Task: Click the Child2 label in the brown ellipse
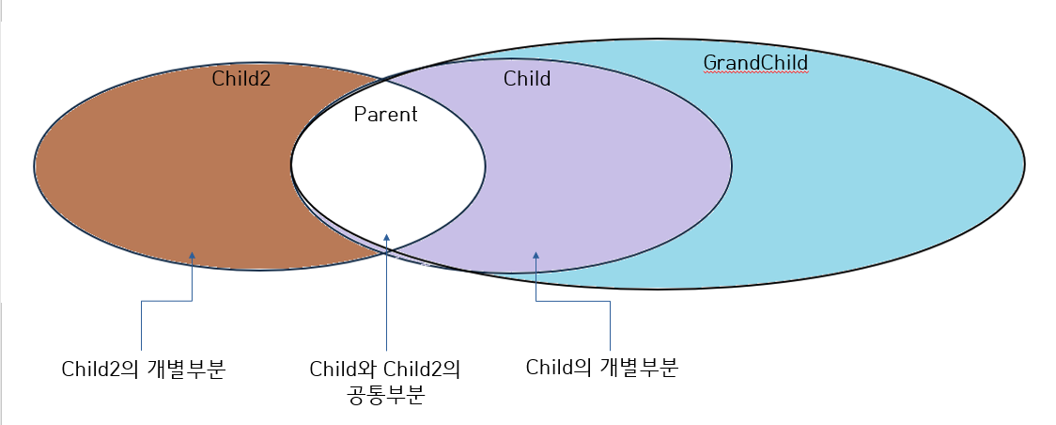click(241, 78)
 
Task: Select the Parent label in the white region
click(385, 115)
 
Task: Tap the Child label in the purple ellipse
click(527, 79)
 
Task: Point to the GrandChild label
click(755, 63)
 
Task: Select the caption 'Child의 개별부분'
click(601, 368)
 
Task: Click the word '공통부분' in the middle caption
click(385, 395)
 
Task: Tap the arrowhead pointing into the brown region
click(192, 255)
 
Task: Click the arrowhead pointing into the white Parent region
click(386, 239)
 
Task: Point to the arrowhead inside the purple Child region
click(536, 255)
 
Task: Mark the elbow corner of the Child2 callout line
click(141, 301)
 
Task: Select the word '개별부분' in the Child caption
click(643, 368)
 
